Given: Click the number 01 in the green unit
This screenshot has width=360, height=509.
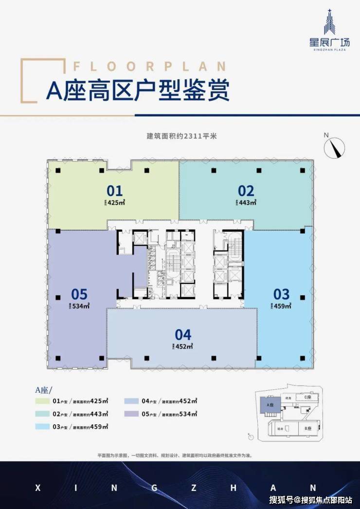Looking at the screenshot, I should (115, 190).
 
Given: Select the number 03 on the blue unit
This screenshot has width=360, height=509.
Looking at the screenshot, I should (281, 294).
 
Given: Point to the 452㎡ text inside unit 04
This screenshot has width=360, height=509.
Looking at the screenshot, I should (185, 346).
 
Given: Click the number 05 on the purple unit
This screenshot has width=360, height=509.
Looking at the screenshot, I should (79, 294).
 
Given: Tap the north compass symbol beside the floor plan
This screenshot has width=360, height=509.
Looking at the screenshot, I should (334, 146).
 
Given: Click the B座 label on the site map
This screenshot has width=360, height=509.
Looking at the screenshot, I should (307, 428).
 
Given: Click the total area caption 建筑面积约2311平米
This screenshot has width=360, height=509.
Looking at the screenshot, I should (181, 136).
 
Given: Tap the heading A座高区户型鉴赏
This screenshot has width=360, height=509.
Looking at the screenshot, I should (138, 91).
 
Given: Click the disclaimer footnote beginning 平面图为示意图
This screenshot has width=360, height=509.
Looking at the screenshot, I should (180, 455).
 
